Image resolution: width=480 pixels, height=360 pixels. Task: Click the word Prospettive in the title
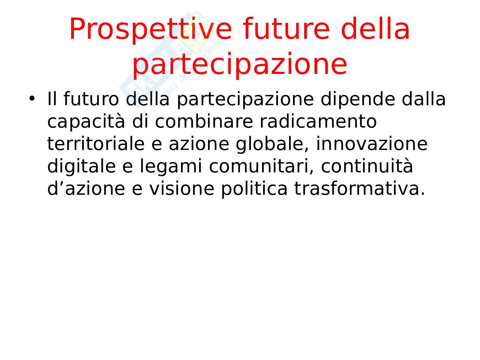151,30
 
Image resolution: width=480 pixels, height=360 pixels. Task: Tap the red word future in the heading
286,29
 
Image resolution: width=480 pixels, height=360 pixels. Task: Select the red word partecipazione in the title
240,65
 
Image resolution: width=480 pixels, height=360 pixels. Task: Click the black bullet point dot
32,98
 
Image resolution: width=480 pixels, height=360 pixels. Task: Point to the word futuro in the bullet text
91,99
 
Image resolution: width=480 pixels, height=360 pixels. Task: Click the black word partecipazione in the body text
245,100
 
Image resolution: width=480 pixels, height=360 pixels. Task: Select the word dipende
358,100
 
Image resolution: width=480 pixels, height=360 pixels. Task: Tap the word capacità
86,122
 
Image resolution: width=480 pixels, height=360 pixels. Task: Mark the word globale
272,145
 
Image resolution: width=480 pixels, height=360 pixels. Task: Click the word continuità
367,166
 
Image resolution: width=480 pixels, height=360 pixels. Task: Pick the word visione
182,188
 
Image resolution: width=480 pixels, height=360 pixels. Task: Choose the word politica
254,189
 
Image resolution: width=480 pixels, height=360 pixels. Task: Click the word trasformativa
359,188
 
